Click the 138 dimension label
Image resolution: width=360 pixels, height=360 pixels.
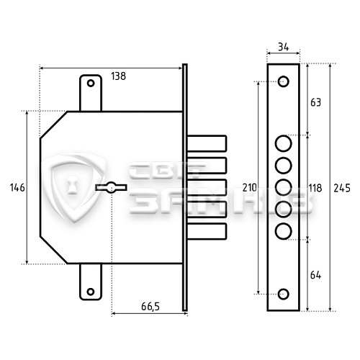[118, 76]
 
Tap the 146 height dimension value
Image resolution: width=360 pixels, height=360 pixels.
[17, 187]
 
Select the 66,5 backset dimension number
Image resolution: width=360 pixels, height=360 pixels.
[150, 307]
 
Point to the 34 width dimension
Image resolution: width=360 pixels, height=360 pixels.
[284, 47]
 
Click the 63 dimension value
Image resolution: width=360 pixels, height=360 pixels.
[315, 102]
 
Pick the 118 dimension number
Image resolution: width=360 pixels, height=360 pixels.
[315, 188]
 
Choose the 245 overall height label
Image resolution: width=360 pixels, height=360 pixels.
[342, 188]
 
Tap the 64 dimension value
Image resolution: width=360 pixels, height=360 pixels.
[315, 275]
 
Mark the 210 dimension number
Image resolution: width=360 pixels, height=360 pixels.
[250, 188]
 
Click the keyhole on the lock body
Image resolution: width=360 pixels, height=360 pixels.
[111, 187]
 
